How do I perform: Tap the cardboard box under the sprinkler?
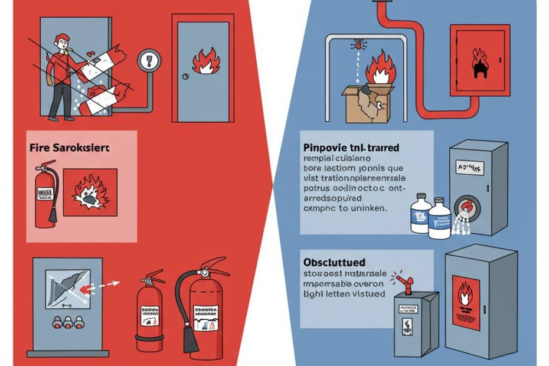(363, 105)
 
